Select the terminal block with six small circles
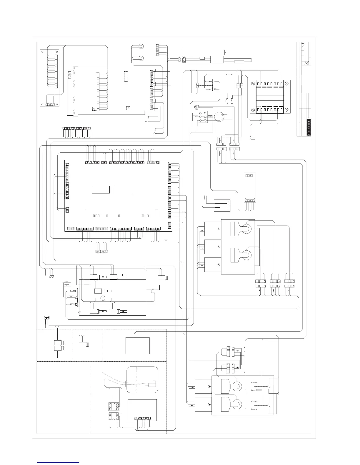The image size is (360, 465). [202, 117]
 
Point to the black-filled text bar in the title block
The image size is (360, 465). [309, 127]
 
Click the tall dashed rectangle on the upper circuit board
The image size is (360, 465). [126, 76]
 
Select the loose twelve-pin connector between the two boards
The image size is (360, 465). [77, 129]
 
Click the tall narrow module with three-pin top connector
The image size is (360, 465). [249, 188]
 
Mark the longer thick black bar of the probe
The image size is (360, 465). [220, 203]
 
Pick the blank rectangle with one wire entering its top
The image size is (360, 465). [138, 346]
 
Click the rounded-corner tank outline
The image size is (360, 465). [142, 380]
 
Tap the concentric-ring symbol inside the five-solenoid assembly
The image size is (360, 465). [103, 299]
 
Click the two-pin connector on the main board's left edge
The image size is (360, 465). [67, 209]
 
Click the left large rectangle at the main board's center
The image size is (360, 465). [101, 189]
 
